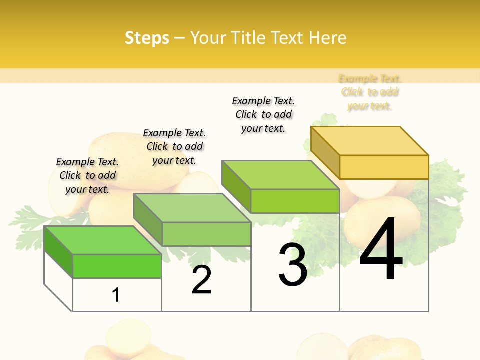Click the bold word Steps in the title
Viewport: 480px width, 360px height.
pos(147,38)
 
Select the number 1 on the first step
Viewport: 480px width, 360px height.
pos(116,295)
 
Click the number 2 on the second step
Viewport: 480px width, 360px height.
pos(201,280)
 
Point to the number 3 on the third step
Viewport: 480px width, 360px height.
pos(293,265)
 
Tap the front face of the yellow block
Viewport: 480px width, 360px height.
pos(384,167)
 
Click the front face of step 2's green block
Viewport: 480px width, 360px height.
pos(206,234)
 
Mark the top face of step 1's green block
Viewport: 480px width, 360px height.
pos(102,240)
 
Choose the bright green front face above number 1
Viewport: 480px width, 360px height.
pos(117,266)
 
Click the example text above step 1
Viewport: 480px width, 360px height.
pos(87,175)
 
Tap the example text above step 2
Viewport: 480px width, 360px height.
pos(174,146)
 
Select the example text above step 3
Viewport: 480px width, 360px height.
pos(263,114)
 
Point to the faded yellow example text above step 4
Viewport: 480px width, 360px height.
pos(370,92)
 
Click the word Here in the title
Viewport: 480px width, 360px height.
pos(327,38)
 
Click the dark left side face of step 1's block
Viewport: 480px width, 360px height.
pos(58,252)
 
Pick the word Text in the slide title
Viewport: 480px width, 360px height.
pos(288,38)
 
